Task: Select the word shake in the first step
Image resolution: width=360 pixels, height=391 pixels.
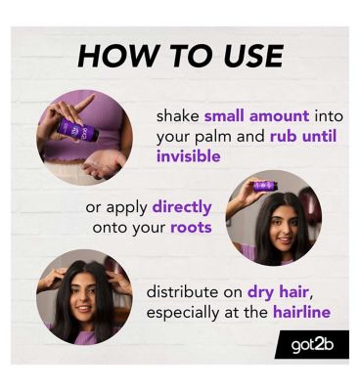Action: pyautogui.click(x=178, y=116)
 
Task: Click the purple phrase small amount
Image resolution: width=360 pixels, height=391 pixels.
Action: pyautogui.click(x=256, y=116)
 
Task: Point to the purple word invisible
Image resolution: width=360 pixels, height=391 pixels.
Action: pyautogui.click(x=189, y=156)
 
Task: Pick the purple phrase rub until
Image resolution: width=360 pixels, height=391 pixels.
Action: pyautogui.click(x=303, y=137)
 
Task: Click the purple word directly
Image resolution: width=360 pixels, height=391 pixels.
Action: pyautogui.click(x=182, y=208)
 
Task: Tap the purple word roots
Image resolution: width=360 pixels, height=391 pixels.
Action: pyautogui.click(x=191, y=228)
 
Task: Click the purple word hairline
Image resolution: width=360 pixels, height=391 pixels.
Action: pyautogui.click(x=302, y=312)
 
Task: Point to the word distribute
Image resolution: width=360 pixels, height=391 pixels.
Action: pyautogui.click(x=183, y=292)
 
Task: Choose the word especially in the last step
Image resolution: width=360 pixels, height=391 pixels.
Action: pyautogui.click(x=183, y=314)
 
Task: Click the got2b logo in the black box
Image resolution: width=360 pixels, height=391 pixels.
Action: pyautogui.click(x=312, y=345)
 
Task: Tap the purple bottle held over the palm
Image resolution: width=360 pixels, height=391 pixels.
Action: pyautogui.click(x=77, y=130)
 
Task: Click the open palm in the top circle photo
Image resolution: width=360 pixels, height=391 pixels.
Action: pyautogui.click(x=104, y=163)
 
